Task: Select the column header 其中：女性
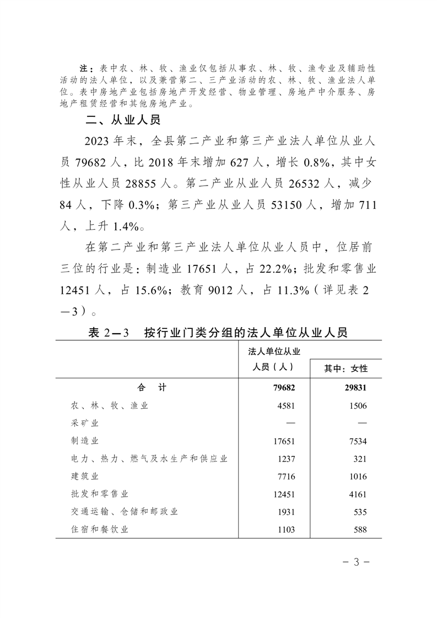click(x=346, y=368)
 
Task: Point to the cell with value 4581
click(x=285, y=406)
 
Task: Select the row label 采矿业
click(x=85, y=423)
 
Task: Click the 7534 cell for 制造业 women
click(x=357, y=441)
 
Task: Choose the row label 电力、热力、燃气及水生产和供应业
click(x=149, y=458)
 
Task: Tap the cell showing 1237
click(x=285, y=459)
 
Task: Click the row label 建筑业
click(x=85, y=476)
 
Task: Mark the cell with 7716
click(x=285, y=476)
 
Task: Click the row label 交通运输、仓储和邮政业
click(x=125, y=511)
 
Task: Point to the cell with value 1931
click(x=285, y=512)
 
